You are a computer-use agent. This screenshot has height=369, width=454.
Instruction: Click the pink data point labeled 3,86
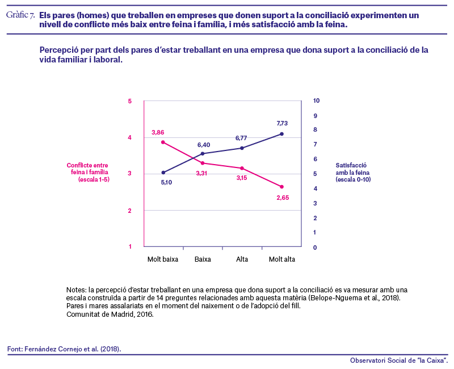(x=163, y=142)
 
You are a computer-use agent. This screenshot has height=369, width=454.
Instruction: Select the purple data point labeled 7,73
(x=281, y=134)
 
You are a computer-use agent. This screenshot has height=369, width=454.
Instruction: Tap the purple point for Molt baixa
(x=163, y=173)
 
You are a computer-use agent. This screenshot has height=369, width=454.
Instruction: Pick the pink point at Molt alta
(x=281, y=187)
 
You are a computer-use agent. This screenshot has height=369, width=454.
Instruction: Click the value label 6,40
(x=204, y=145)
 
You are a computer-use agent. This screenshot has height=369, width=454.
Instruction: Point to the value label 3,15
(x=242, y=178)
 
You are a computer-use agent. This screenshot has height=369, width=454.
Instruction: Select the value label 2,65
(x=283, y=198)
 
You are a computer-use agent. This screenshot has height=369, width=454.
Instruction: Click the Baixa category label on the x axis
(x=203, y=259)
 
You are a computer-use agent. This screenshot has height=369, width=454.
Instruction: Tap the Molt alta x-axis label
(x=281, y=259)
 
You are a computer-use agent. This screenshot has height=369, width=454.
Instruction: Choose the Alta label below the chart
(x=242, y=259)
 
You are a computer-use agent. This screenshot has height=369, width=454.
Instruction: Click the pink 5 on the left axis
(x=130, y=101)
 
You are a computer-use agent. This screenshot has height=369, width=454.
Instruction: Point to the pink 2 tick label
(x=130, y=211)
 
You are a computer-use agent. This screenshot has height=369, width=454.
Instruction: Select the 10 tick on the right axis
(x=316, y=100)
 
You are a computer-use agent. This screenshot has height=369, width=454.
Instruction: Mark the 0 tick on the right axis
(x=315, y=248)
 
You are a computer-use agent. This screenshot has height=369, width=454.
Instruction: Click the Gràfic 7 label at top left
(x=20, y=15)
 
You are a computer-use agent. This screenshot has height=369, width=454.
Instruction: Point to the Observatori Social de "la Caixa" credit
(x=399, y=360)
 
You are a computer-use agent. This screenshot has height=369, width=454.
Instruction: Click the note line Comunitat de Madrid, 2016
(x=110, y=315)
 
